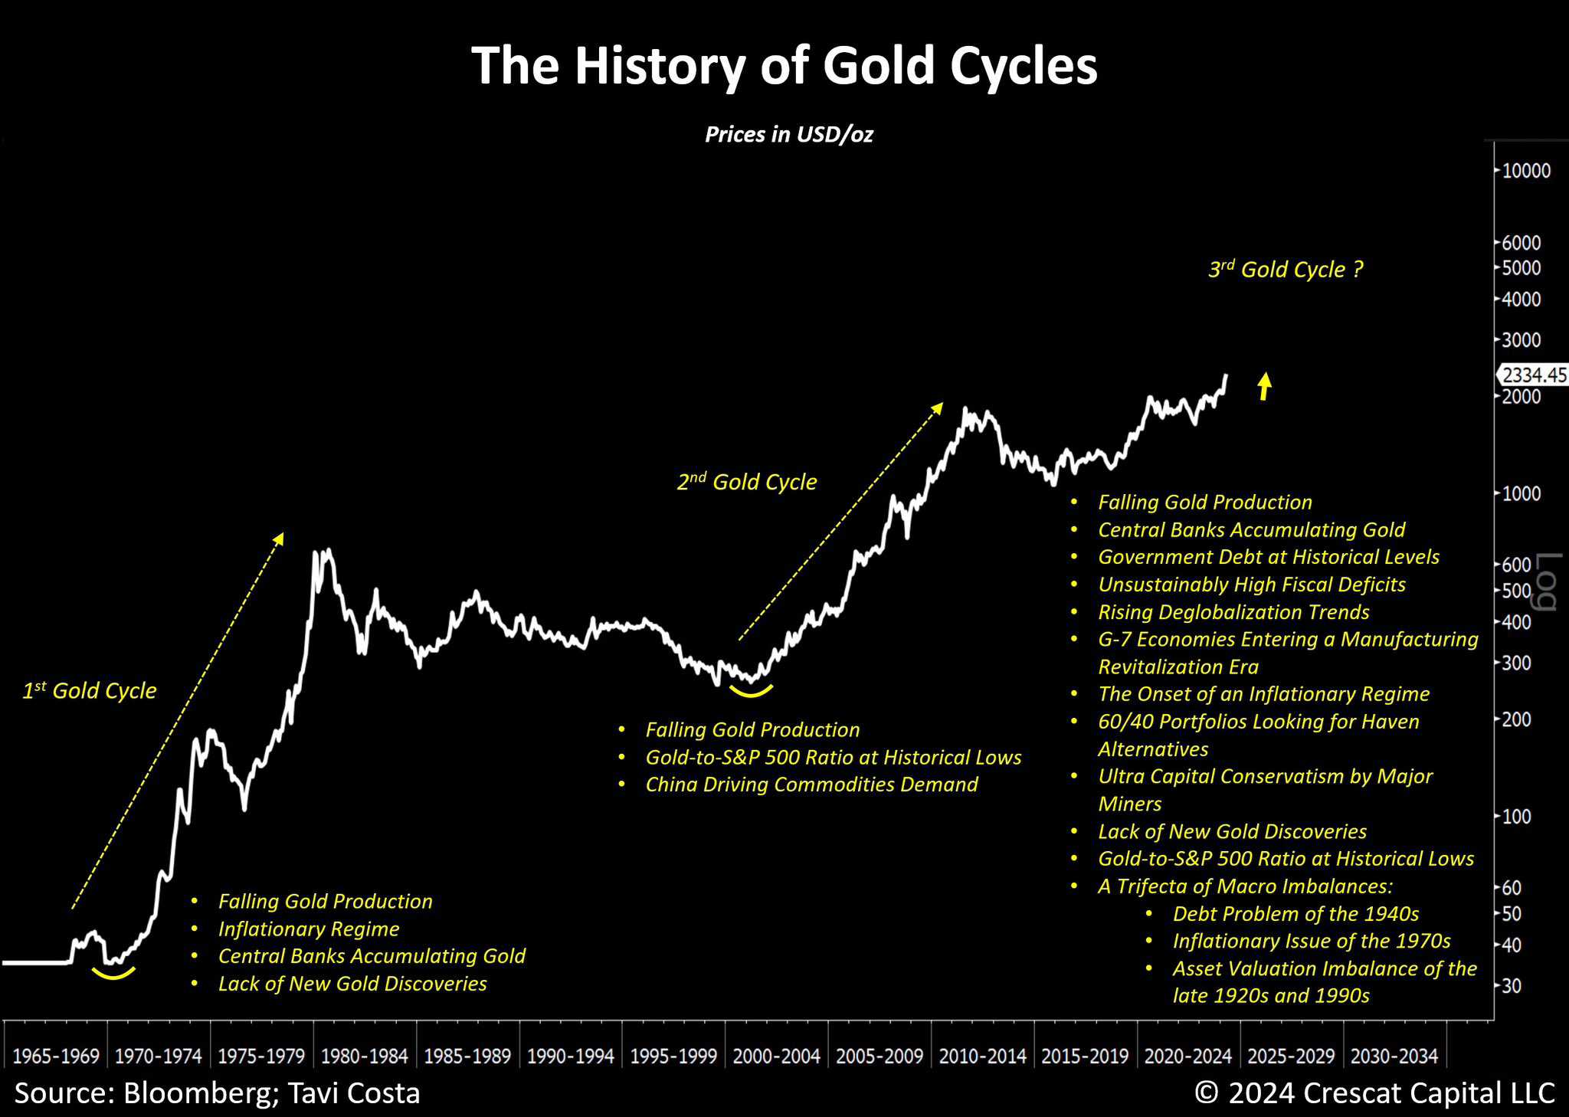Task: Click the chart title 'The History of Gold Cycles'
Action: (x=784, y=66)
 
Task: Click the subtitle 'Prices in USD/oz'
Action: (x=788, y=135)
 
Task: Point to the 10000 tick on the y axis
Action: (x=1525, y=170)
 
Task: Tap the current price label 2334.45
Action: (x=1533, y=375)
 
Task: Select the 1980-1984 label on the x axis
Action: (x=364, y=1056)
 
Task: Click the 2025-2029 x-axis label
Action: (x=1291, y=1056)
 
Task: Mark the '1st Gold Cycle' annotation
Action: (x=89, y=691)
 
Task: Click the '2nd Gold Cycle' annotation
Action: (x=747, y=482)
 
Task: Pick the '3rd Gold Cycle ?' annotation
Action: (x=1286, y=270)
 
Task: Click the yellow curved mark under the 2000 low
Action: (x=751, y=691)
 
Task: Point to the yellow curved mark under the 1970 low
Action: (x=113, y=975)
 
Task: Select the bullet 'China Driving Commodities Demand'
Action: (x=811, y=785)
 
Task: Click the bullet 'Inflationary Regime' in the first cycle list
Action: (x=309, y=929)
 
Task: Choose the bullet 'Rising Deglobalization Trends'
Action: (x=1233, y=612)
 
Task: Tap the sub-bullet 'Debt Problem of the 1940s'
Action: (x=1295, y=914)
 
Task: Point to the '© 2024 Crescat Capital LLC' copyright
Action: (x=1374, y=1093)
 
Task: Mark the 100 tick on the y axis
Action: (x=1515, y=817)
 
